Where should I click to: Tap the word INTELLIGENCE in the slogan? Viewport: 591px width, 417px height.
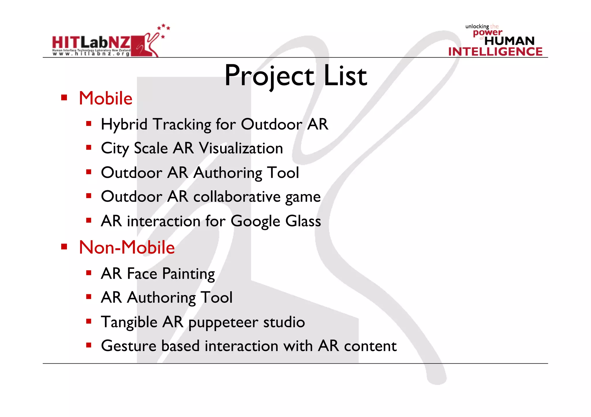pos(495,52)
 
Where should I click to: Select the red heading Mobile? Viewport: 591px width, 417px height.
pos(106,98)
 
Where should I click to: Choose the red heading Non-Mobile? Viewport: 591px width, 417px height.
pos(127,248)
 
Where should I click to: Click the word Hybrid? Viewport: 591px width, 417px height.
pos(124,125)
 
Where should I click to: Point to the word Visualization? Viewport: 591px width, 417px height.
pos(241,148)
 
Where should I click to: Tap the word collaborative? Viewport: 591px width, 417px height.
pos(237,197)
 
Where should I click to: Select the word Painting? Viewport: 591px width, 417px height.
pos(188,274)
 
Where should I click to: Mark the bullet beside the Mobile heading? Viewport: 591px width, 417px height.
pos(64,97)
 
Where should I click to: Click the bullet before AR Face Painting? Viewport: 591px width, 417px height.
pos(89,273)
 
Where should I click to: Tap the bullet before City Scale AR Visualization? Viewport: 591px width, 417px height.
pos(89,148)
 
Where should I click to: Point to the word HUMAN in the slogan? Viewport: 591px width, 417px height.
pos(509,41)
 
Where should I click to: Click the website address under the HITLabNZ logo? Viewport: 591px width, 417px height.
pos(91,54)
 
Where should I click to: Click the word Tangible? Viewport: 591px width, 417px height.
pos(129,322)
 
